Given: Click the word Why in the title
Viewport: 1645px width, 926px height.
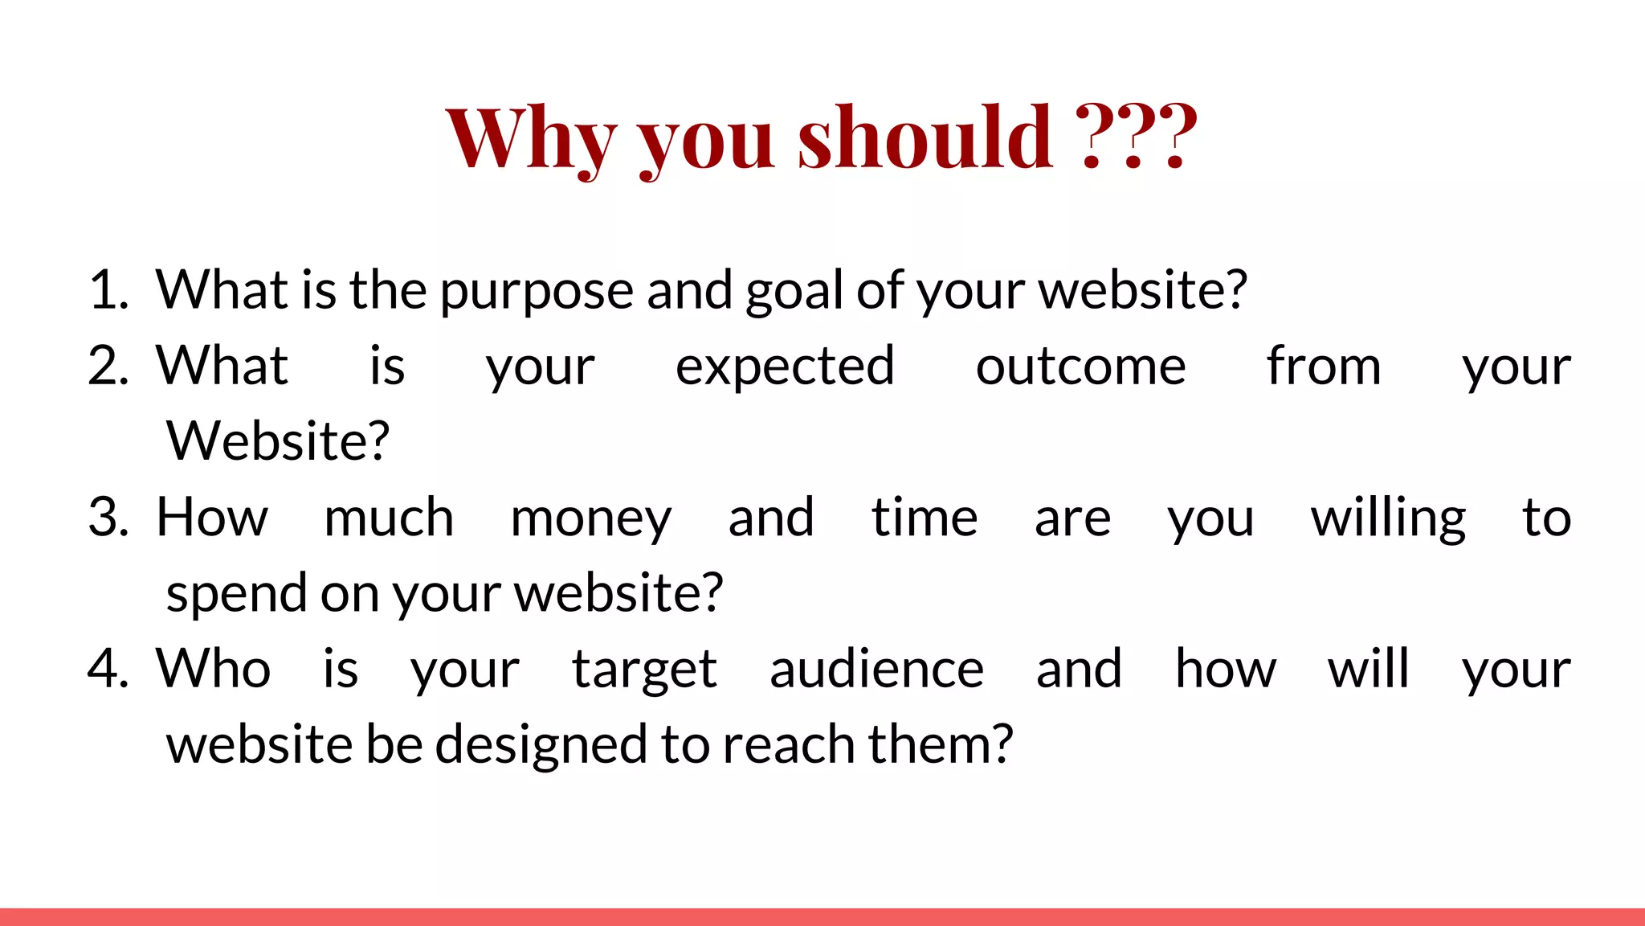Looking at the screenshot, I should click(531, 138).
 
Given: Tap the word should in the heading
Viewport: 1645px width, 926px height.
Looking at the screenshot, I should click(925, 138).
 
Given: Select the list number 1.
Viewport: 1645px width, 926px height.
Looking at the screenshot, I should click(108, 289).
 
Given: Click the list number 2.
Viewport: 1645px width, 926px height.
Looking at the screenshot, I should click(108, 366).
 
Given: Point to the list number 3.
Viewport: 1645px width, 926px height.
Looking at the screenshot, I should click(108, 517).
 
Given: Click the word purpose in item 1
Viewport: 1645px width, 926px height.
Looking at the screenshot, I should click(537, 291).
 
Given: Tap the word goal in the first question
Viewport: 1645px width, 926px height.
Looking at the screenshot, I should click(794, 291).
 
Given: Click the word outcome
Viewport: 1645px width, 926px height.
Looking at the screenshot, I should click(1080, 367).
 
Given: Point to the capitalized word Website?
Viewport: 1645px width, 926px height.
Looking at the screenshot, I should click(277, 441).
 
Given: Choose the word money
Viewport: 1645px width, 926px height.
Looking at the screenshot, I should click(590, 518).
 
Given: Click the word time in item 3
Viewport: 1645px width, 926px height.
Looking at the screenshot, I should click(925, 517).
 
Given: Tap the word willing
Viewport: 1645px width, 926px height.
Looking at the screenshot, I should click(1388, 518).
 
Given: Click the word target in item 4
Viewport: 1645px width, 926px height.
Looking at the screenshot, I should click(643, 670).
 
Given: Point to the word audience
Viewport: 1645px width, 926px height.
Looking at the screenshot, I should click(876, 669).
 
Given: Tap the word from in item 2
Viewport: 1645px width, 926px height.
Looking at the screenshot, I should click(1324, 366).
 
